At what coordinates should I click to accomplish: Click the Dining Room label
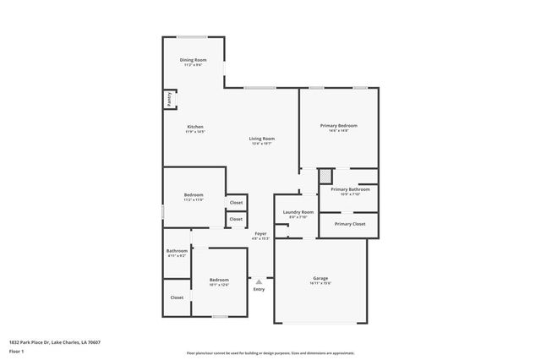click(193, 60)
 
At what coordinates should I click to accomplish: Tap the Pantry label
click(170, 100)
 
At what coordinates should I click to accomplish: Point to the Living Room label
click(261, 139)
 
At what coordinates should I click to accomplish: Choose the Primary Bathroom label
click(350, 189)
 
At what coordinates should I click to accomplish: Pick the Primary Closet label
click(349, 224)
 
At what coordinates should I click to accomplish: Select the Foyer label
click(260, 233)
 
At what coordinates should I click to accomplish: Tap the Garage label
click(320, 278)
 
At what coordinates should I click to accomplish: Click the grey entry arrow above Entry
click(259, 281)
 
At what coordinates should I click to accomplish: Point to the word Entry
click(259, 290)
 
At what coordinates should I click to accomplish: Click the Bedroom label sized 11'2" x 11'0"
click(194, 195)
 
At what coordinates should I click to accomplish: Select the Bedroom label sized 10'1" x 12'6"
click(219, 280)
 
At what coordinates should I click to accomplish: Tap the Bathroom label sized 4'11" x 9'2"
click(177, 250)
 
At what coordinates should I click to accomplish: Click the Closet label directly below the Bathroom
click(177, 297)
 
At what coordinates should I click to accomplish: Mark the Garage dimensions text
click(320, 283)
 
